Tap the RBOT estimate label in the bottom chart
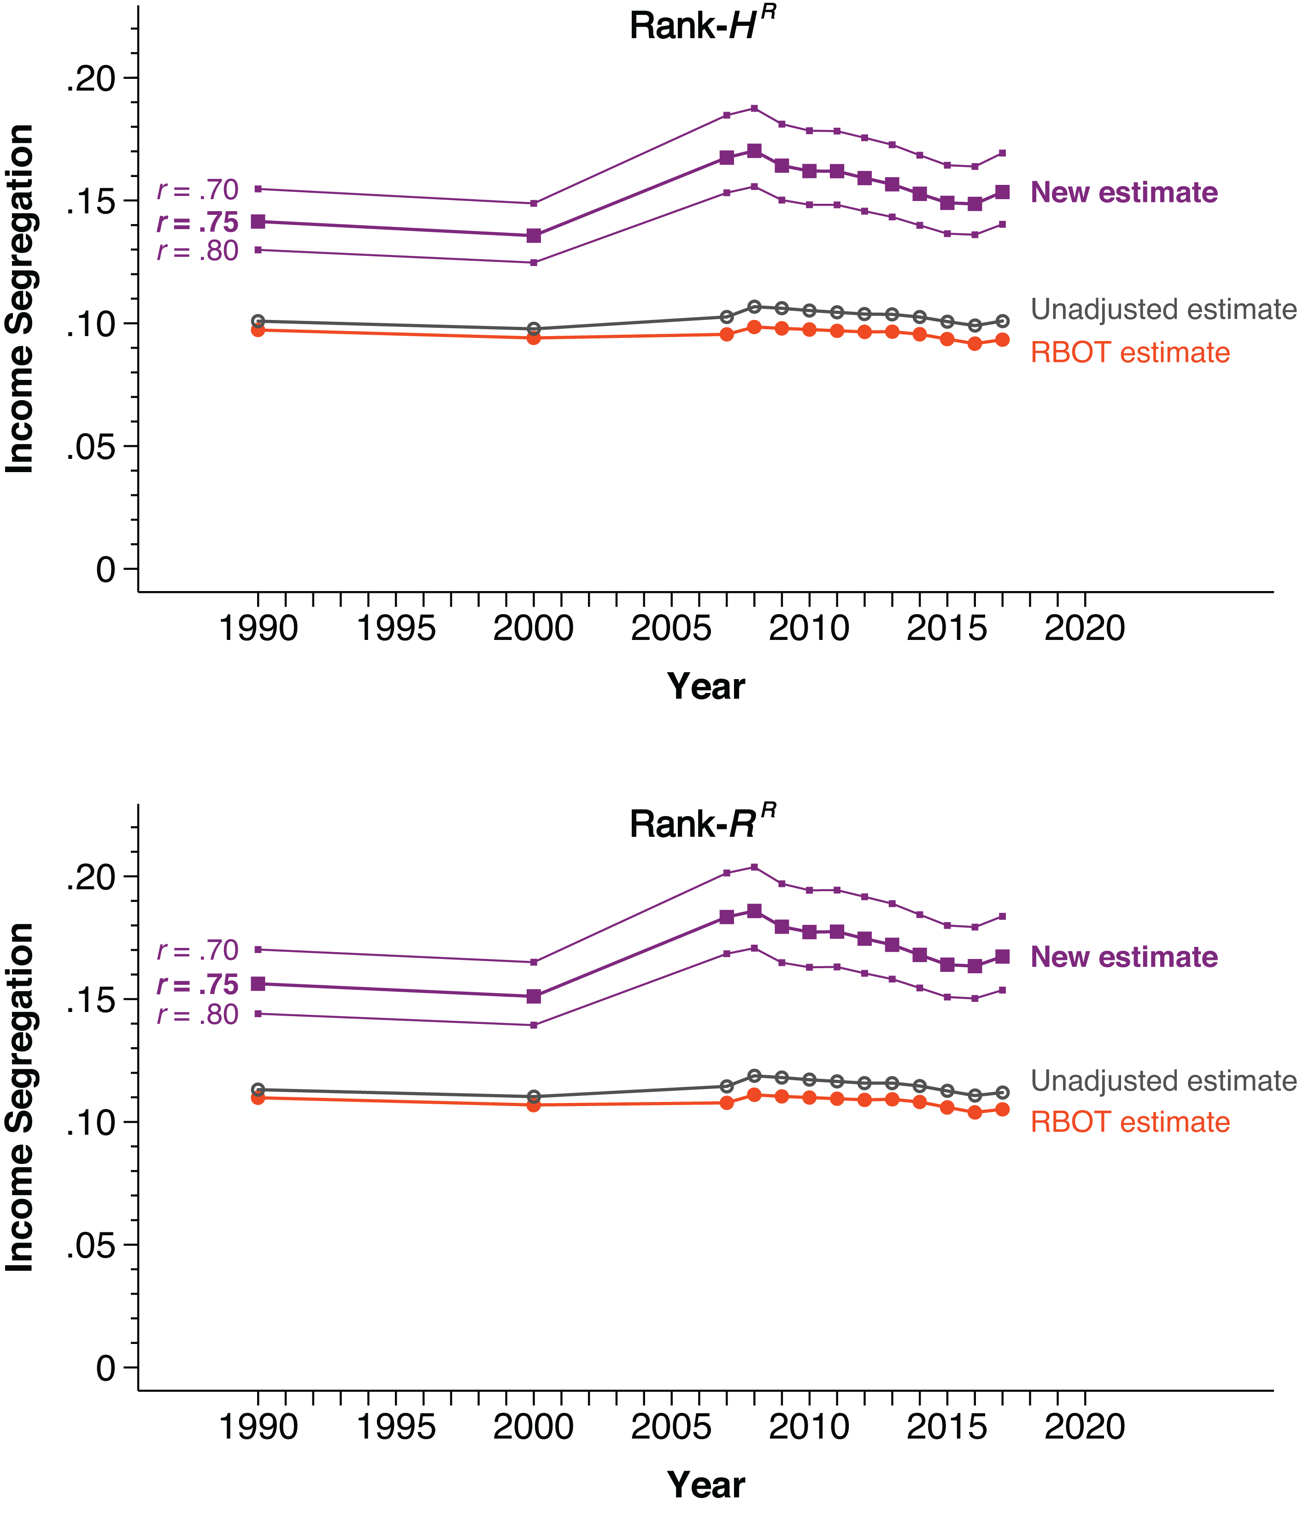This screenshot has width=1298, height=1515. coord(1130,1122)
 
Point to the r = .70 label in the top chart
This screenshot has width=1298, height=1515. coord(197,190)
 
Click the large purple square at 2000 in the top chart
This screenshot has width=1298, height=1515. coord(534,236)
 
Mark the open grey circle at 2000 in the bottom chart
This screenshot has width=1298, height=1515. coord(534,1096)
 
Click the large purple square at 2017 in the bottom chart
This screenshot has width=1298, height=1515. coord(1002,956)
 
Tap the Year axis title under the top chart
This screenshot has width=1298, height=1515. coord(705,686)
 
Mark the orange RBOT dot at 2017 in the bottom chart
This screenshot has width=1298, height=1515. coord(1002,1109)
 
